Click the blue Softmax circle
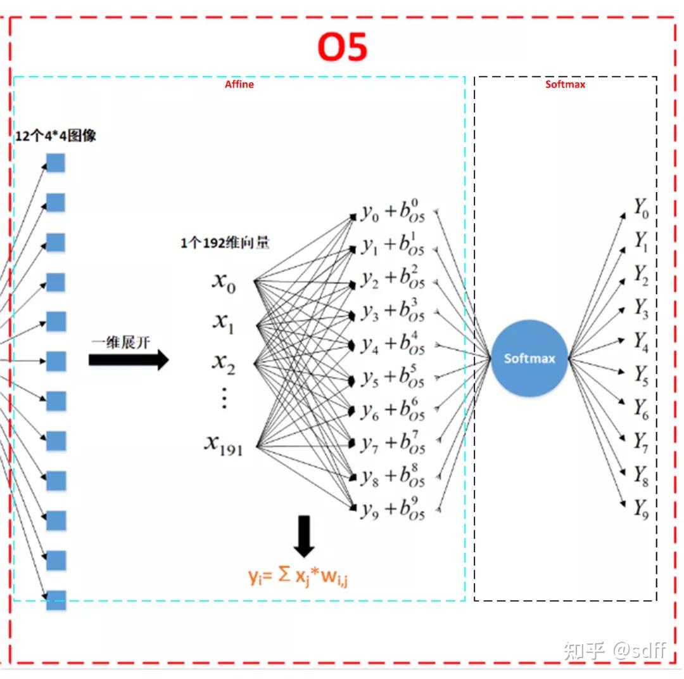coord(529,359)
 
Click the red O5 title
coord(342,48)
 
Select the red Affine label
coord(239,84)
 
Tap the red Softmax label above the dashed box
coord(565,84)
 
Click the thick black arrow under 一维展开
coord(129,360)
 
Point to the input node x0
coord(224,281)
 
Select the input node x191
coord(223,444)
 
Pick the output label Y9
coord(641,508)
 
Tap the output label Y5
coord(641,375)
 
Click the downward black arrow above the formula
coord(305,536)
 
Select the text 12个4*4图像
coord(56,136)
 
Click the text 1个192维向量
coord(225,243)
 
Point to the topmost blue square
coord(56,164)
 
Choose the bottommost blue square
coord(56,600)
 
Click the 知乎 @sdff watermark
coord(615,650)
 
